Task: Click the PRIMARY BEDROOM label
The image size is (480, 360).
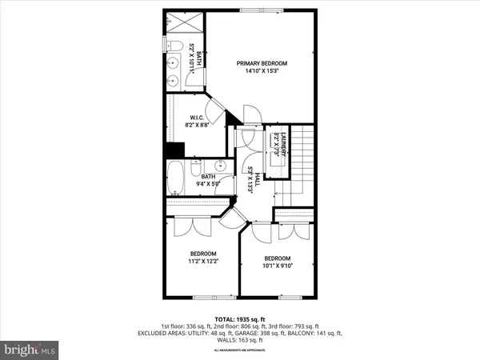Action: (262, 63)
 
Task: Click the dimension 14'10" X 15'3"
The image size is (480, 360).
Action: (262, 71)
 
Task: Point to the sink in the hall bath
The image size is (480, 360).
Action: (226, 166)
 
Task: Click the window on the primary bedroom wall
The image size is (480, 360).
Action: (258, 10)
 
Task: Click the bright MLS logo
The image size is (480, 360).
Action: (30, 349)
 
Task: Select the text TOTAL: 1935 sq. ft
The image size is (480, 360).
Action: (239, 318)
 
